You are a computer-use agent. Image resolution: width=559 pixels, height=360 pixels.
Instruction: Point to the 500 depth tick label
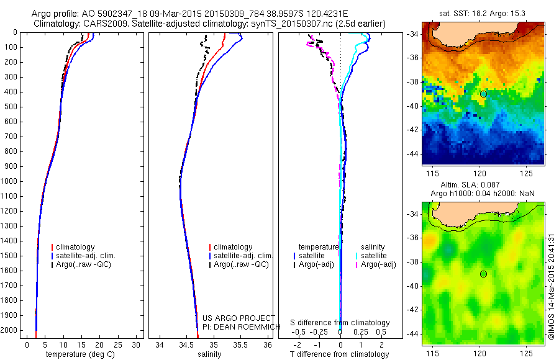click(11, 107)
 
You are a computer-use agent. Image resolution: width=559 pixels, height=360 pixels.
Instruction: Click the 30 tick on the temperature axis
click(135, 344)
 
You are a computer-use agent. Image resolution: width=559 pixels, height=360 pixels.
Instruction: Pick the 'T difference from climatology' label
click(340, 354)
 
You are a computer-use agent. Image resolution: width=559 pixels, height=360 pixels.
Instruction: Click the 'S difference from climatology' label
click(340, 323)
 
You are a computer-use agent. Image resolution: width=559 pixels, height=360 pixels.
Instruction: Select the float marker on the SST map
click(483, 94)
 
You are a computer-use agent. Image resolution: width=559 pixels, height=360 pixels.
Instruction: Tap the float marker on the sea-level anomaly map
click(483, 274)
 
